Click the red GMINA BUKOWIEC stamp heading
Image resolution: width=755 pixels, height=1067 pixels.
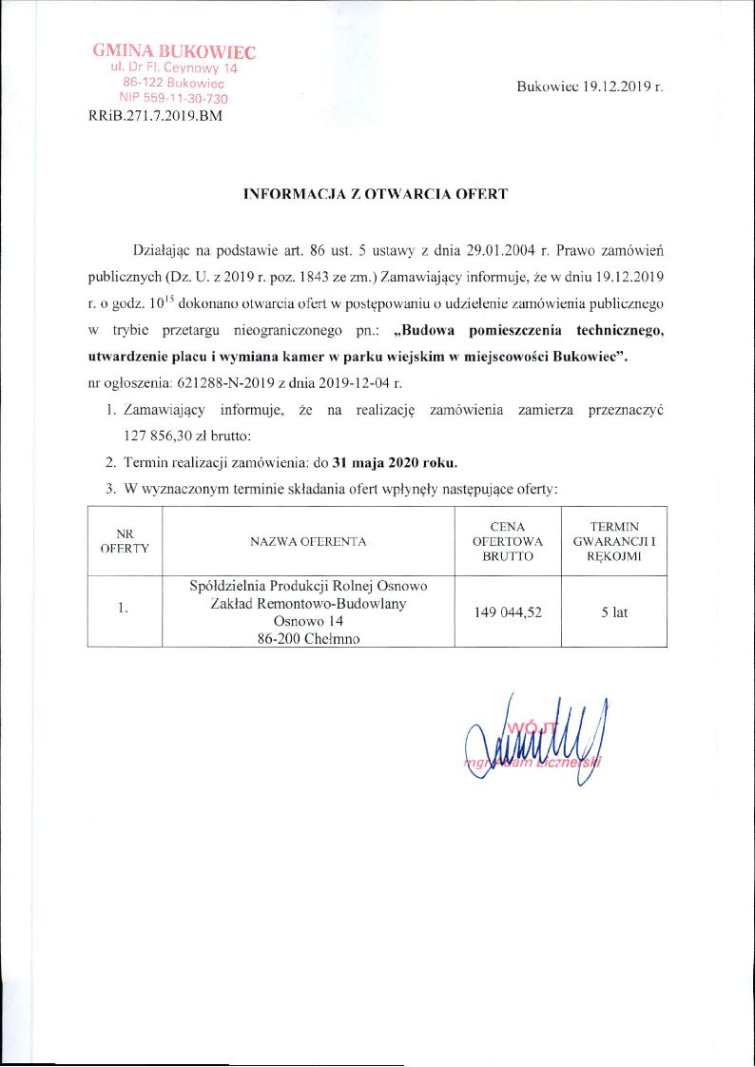(x=174, y=51)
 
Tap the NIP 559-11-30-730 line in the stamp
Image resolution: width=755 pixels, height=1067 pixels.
(x=173, y=99)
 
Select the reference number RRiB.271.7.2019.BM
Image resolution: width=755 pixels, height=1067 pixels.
(x=154, y=117)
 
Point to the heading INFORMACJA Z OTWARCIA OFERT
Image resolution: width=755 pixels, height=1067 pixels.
(x=377, y=194)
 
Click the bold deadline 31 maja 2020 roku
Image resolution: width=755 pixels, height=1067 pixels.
(x=395, y=463)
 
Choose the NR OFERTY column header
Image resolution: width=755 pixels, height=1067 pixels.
(x=125, y=541)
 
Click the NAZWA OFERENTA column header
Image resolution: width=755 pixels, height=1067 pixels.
(x=308, y=541)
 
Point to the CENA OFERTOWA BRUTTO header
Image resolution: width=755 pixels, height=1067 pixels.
(x=507, y=541)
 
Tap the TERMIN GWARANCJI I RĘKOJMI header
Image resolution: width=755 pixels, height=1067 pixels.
(x=613, y=541)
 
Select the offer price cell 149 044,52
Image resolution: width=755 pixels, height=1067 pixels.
(x=508, y=612)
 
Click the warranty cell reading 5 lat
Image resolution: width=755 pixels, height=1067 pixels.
(x=614, y=612)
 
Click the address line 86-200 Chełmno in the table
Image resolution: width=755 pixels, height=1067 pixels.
(x=309, y=639)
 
